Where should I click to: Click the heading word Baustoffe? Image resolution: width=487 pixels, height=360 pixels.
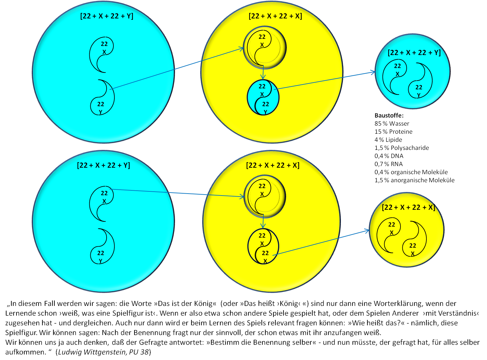tap(389, 116)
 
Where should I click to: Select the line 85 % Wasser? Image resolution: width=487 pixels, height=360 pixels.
tap(392, 124)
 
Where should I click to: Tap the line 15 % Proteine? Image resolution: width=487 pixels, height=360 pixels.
tap(393, 132)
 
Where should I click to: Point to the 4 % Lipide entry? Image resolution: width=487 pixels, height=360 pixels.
tap(388, 140)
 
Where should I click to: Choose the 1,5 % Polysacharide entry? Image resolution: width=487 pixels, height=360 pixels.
tap(401, 148)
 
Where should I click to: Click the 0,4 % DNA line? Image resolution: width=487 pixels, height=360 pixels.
tap(389, 156)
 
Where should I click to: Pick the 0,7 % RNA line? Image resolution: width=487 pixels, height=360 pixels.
tap(388, 164)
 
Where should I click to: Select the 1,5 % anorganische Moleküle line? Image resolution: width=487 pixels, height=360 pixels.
tap(414, 180)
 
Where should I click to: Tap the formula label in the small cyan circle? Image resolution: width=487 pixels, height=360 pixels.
tap(414, 52)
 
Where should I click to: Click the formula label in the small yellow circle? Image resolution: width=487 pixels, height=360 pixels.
tap(408, 208)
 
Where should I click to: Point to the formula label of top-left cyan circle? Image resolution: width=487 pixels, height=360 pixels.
tap(107, 16)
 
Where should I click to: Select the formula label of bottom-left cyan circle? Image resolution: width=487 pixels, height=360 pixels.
tap(103, 165)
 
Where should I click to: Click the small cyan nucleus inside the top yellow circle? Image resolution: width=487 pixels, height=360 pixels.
tap(263, 97)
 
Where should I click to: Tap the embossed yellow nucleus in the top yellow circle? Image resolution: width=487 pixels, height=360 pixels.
tap(265, 47)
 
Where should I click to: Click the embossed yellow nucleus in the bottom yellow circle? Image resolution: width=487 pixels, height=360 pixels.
tap(264, 197)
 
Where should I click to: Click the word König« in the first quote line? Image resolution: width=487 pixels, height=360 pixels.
tap(205, 304)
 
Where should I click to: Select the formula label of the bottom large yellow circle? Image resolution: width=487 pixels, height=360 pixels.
tap(272, 165)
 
